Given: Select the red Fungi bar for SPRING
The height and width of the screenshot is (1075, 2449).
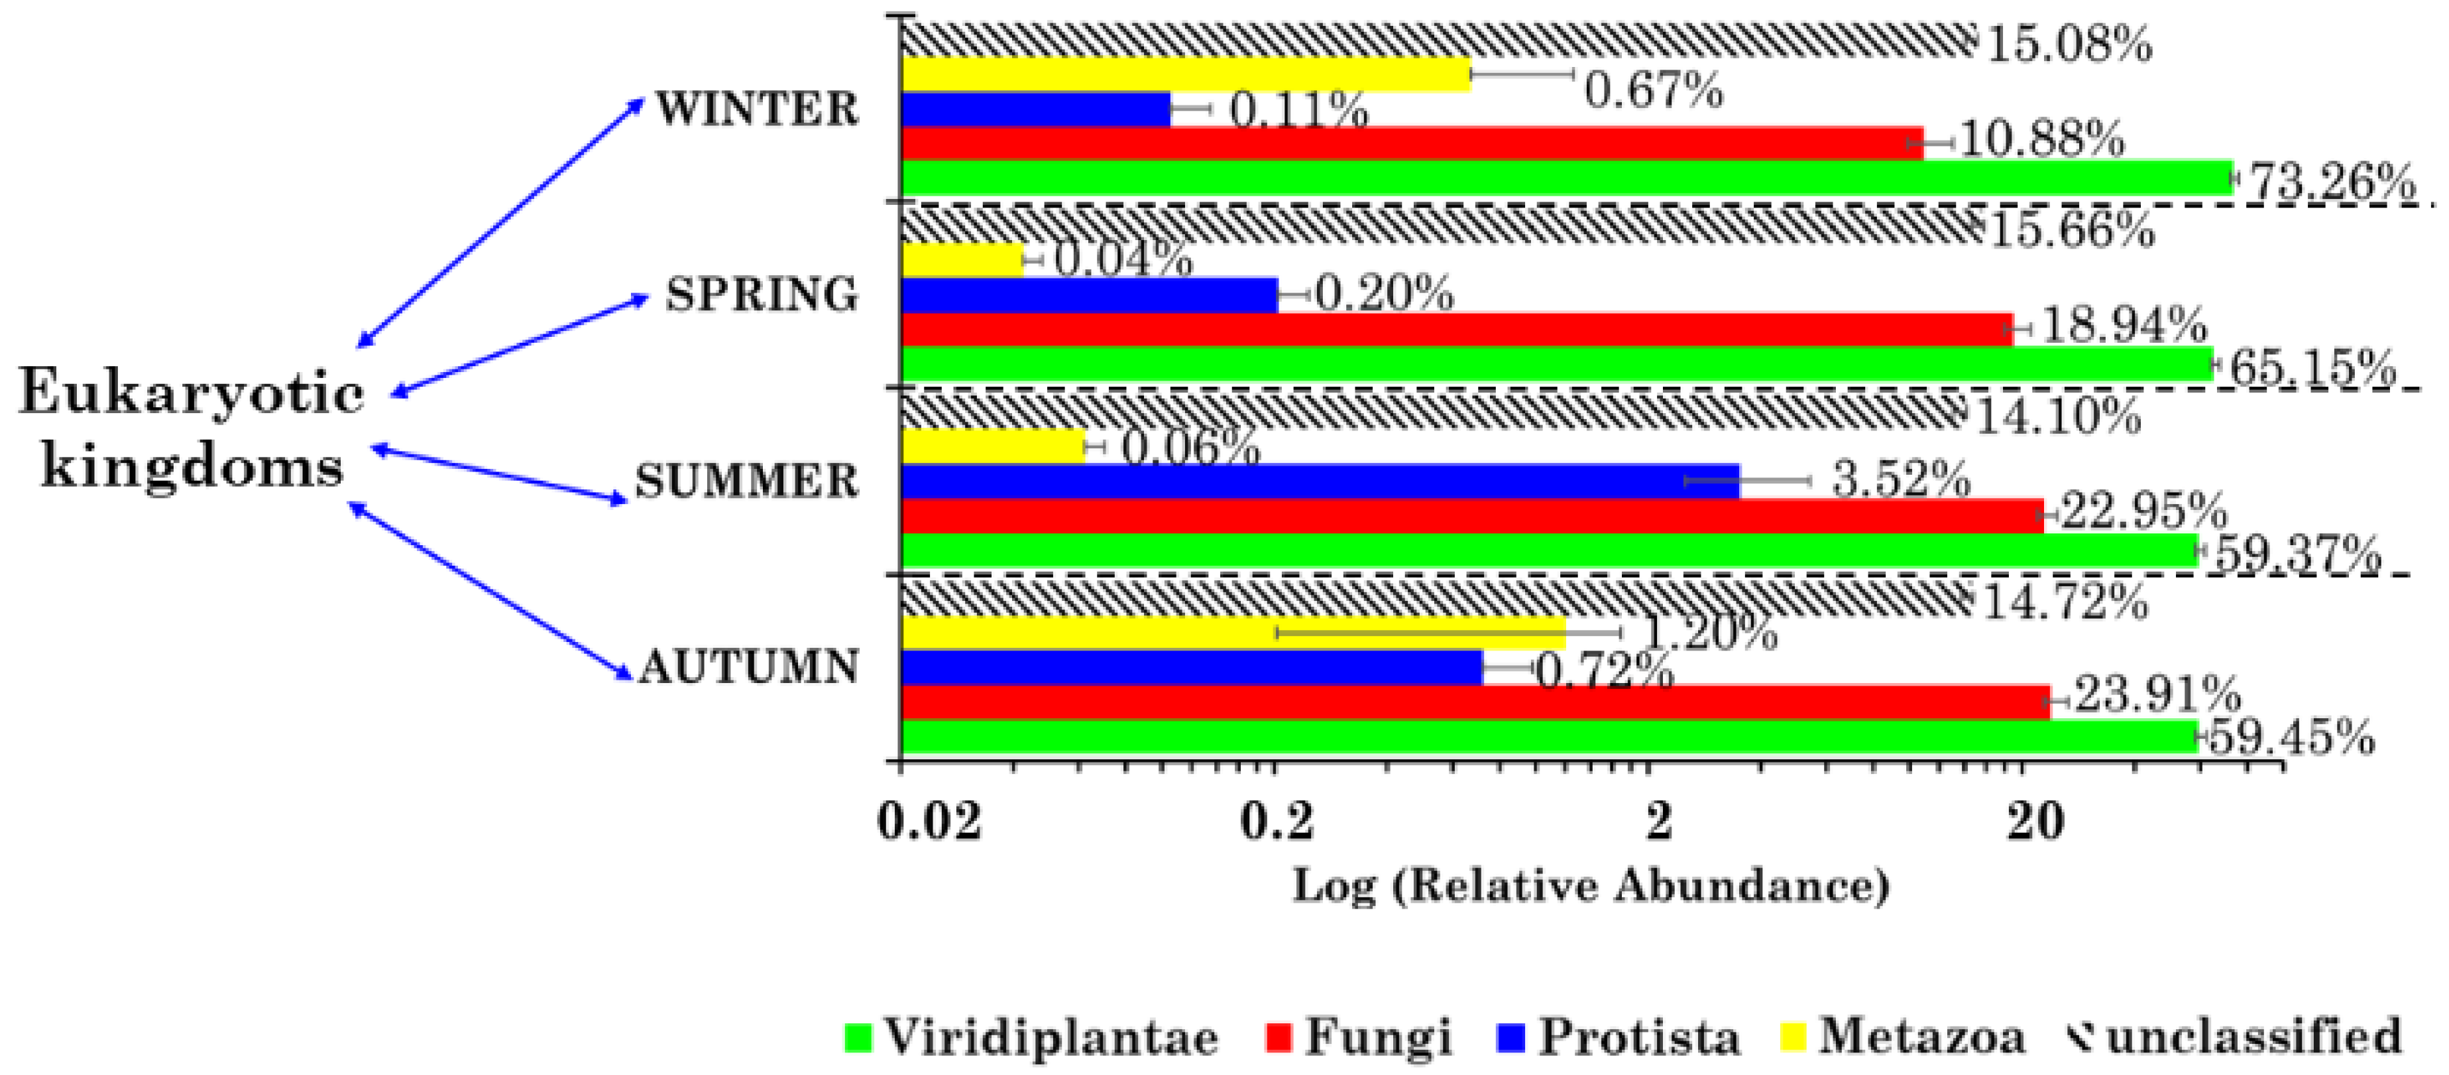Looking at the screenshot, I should [x=1455, y=329].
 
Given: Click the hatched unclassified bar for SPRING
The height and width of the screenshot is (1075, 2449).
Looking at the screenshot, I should [x=1436, y=225].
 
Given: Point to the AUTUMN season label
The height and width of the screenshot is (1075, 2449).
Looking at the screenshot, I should [x=749, y=667].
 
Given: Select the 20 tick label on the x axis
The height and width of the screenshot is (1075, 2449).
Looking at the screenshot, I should [x=2035, y=820].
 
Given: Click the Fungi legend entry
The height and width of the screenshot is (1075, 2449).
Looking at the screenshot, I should [x=1359, y=1035].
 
